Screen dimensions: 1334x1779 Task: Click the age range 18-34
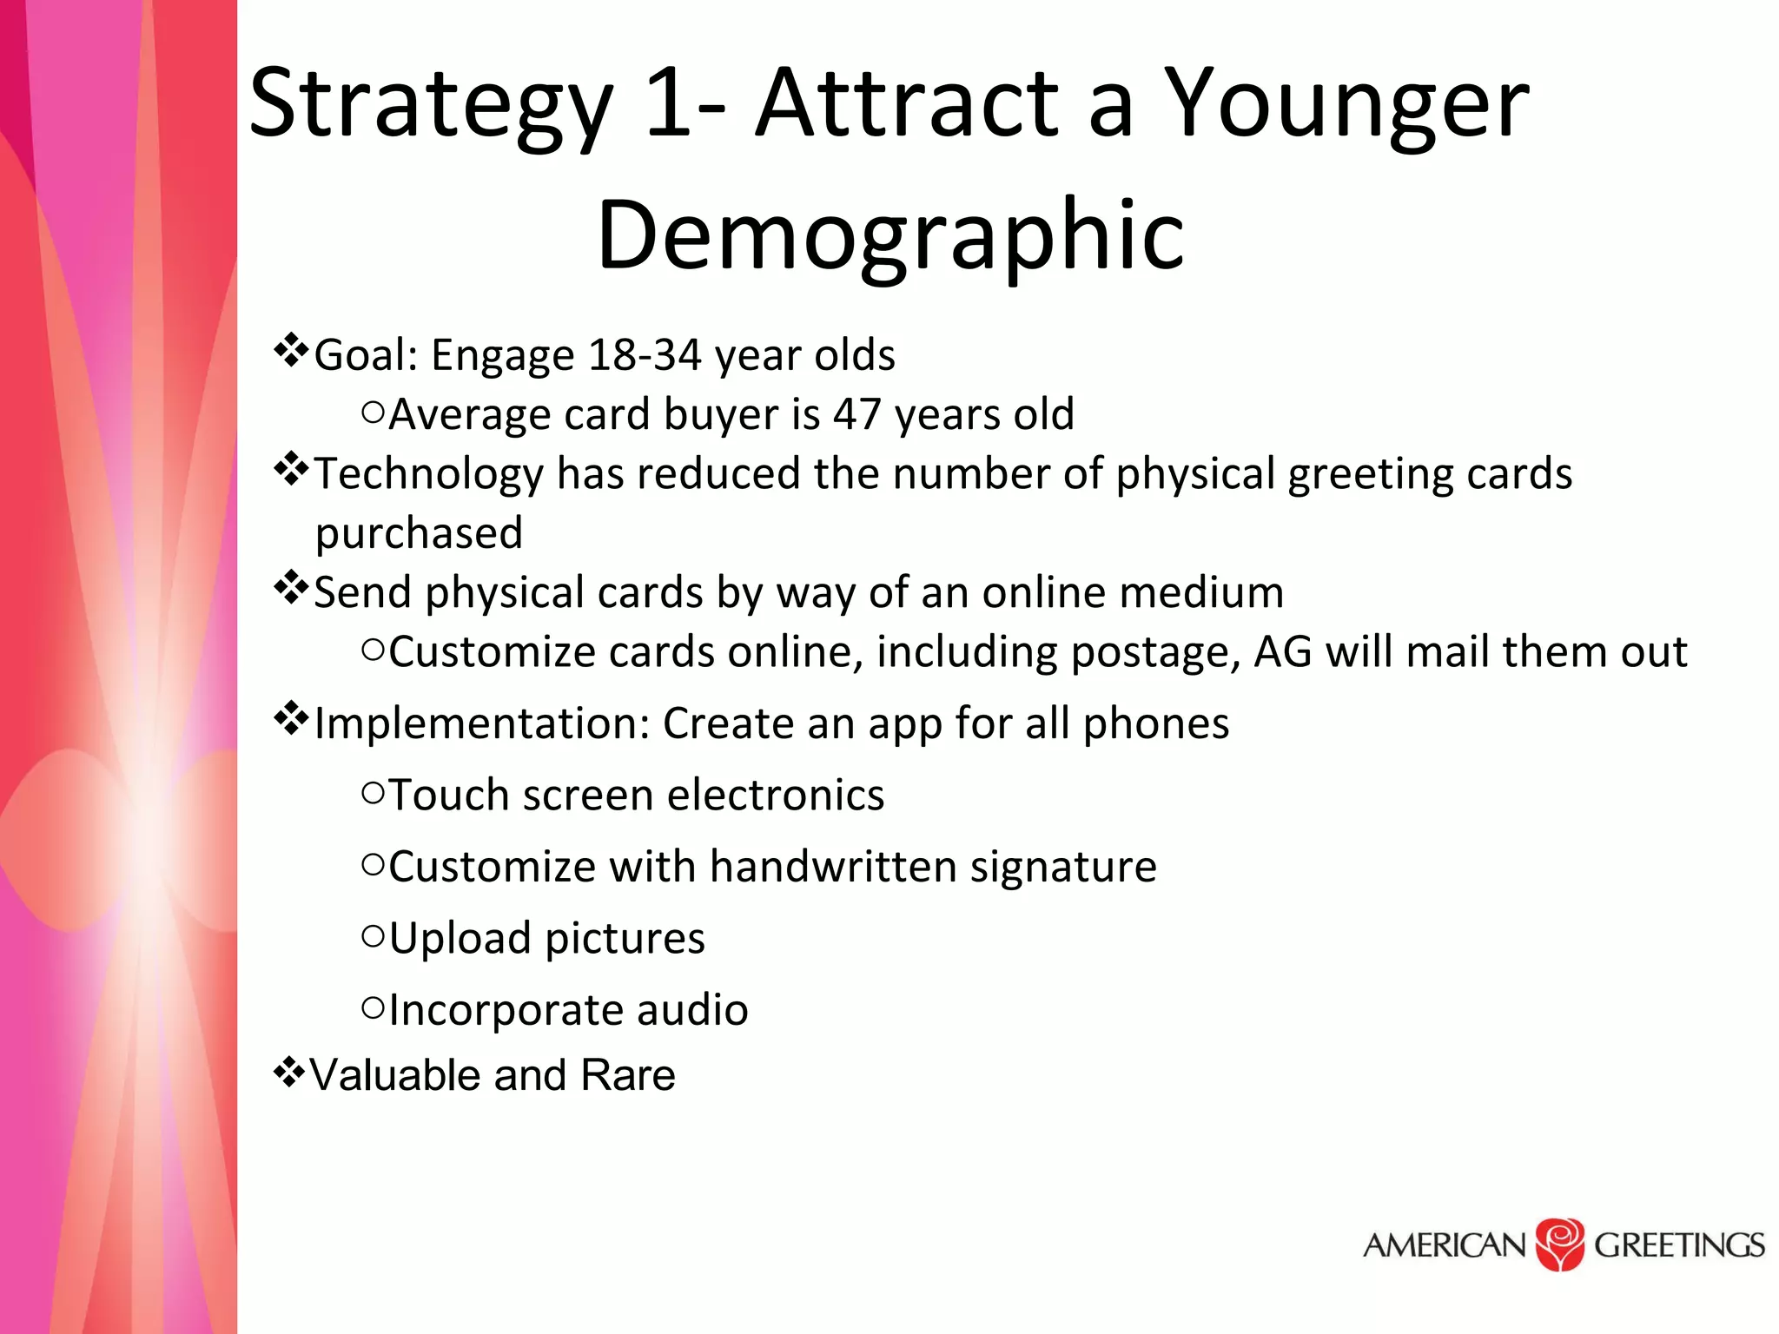coord(645,355)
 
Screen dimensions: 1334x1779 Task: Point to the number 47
coord(857,414)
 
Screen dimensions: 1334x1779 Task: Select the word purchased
coord(419,533)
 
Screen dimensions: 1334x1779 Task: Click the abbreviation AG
coord(1283,651)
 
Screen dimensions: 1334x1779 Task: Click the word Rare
coord(628,1075)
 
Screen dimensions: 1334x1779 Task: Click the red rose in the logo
coord(1560,1244)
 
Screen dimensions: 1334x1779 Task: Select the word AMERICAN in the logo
coord(1445,1245)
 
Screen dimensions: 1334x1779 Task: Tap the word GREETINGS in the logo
coord(1678,1245)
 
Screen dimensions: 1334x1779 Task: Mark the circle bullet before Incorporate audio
coord(373,1007)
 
